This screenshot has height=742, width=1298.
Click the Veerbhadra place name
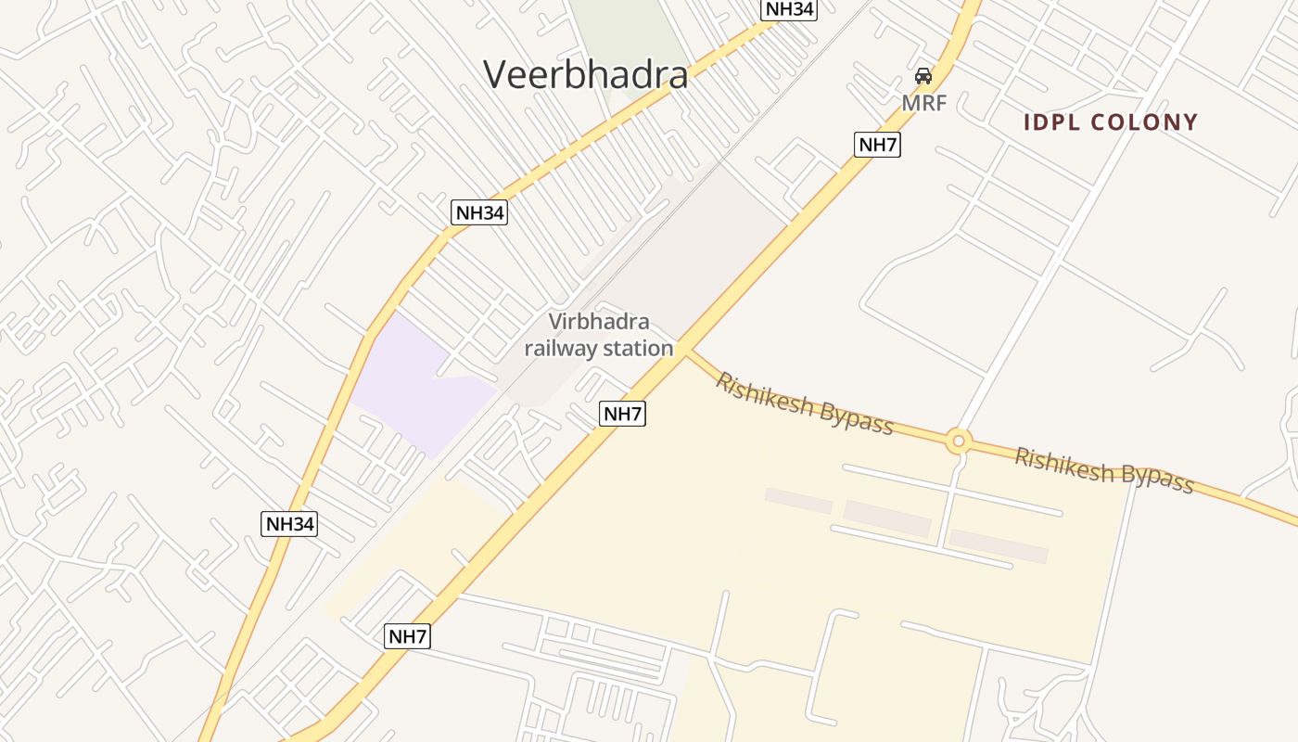click(x=586, y=74)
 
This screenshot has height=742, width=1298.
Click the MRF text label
click(x=924, y=103)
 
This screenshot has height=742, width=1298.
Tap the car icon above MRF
click(x=923, y=76)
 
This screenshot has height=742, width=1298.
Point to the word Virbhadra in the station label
click(x=599, y=323)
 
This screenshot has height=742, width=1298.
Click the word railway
click(x=560, y=349)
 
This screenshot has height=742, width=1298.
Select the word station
click(x=636, y=349)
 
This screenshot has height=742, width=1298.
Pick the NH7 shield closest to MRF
click(x=877, y=145)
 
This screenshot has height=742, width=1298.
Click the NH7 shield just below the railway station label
click(x=622, y=414)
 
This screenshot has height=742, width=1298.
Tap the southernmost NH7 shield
click(x=408, y=636)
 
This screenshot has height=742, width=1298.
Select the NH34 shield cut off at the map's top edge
click(x=789, y=9)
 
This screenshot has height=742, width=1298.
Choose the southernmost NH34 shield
click(x=290, y=524)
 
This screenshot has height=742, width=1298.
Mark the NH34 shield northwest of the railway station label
click(x=479, y=212)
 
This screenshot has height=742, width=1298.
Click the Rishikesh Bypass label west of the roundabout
click(x=804, y=403)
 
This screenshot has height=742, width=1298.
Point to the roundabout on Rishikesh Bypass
click(x=959, y=441)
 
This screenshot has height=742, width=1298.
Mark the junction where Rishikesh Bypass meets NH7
click(x=688, y=351)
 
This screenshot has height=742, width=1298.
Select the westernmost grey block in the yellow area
click(x=798, y=501)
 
